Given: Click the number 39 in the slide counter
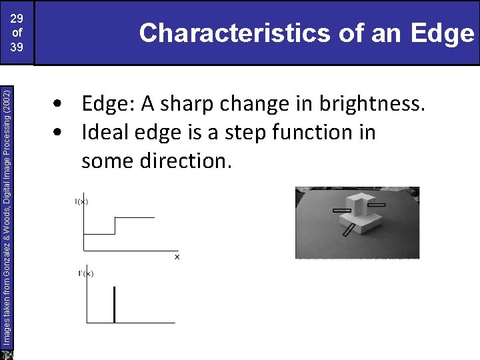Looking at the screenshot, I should pyautogui.click(x=17, y=48).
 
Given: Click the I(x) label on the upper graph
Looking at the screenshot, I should pyautogui.click(x=83, y=201).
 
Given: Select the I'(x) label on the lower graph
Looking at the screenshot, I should pyautogui.click(x=85, y=273).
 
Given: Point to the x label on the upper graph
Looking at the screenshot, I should pyautogui.click(x=177, y=257).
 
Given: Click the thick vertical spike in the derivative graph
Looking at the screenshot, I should pyautogui.click(x=115, y=305).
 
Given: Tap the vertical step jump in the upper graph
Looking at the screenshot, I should pyautogui.click(x=115, y=225).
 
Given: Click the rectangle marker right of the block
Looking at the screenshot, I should pyautogui.click(x=377, y=205).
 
